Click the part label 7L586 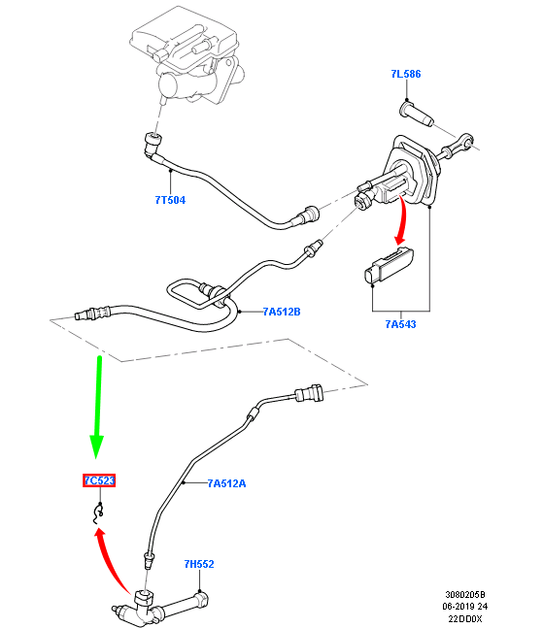click(x=406, y=74)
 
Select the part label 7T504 click(x=170, y=200)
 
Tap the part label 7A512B click(x=282, y=312)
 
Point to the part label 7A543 click(x=401, y=324)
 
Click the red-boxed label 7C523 click(x=99, y=480)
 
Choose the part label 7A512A click(x=227, y=483)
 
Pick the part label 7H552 click(x=199, y=564)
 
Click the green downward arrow click(x=97, y=407)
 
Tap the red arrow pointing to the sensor click(x=401, y=221)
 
